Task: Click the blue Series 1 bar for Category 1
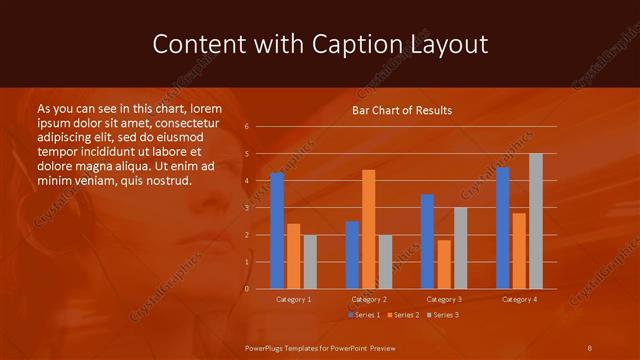(x=277, y=230)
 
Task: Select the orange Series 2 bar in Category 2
(x=368, y=229)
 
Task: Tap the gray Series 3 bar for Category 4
(x=535, y=221)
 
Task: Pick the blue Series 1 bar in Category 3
(x=427, y=241)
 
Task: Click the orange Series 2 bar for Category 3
(x=443, y=264)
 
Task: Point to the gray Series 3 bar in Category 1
(x=309, y=261)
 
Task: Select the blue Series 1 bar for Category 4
(x=502, y=228)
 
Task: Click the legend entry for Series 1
(x=363, y=315)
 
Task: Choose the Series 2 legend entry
(x=402, y=315)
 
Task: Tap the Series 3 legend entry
(x=443, y=315)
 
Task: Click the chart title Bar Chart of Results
(x=402, y=110)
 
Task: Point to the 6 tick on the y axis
(x=246, y=127)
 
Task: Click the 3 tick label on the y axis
(x=246, y=208)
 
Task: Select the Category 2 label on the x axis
(x=369, y=299)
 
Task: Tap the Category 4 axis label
(x=519, y=299)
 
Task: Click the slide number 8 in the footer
(x=590, y=346)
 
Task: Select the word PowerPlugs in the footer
(x=266, y=346)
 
